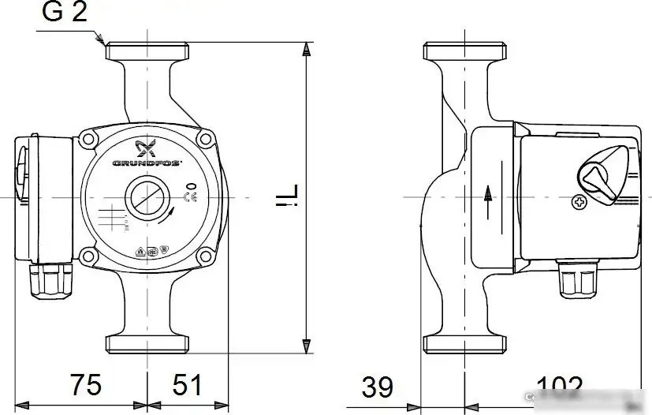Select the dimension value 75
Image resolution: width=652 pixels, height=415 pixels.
point(86,385)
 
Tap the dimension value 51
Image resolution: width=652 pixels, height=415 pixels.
point(187,385)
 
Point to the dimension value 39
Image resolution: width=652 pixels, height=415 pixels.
point(378,387)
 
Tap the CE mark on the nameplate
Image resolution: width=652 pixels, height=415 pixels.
point(190,196)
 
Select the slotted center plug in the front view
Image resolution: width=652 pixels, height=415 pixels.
point(147,196)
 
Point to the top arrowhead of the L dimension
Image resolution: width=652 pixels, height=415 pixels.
point(306,49)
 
